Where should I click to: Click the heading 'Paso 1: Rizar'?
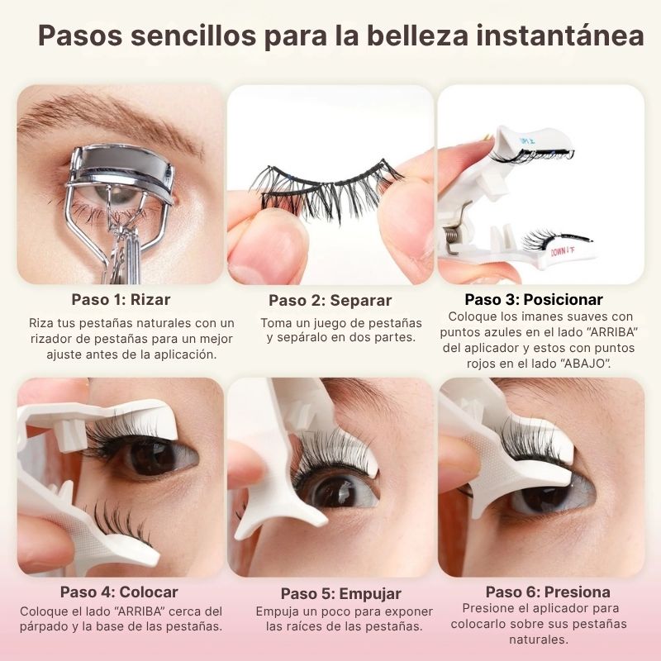pyautogui.click(x=121, y=298)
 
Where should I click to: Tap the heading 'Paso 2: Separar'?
pyautogui.click(x=330, y=300)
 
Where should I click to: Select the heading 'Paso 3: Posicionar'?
pyautogui.click(x=533, y=299)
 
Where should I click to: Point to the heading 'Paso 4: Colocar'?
pyautogui.click(x=119, y=592)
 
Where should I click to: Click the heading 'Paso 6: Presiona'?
pyautogui.click(x=548, y=592)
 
